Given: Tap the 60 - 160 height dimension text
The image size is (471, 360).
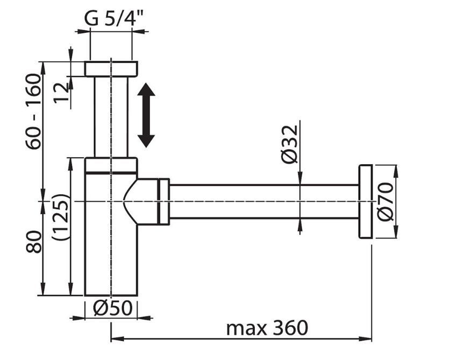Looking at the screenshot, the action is point(33,111).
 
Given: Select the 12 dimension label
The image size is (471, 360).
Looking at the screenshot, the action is point(61,93).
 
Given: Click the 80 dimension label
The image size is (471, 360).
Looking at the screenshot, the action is point(33,242).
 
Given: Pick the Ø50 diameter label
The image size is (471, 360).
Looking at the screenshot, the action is point(112,308).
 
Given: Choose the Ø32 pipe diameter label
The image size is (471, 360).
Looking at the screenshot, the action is point(290,144).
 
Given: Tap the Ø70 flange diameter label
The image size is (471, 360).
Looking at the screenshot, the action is point(385,201).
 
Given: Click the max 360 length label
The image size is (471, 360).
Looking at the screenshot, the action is point(267,328).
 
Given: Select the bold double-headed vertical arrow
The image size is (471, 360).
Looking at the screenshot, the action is point(146,115).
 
